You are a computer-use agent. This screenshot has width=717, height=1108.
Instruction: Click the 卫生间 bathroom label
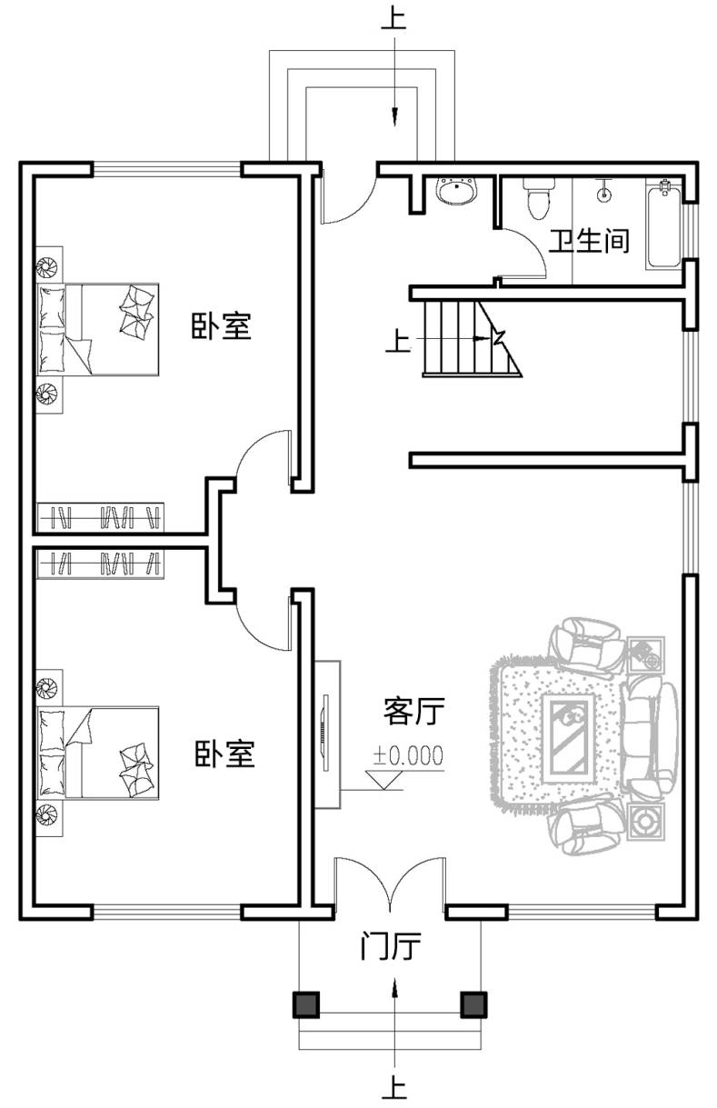(x=590, y=242)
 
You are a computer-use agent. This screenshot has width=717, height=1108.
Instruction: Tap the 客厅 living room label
(x=413, y=711)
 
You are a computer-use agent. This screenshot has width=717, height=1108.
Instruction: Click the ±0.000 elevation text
(x=408, y=755)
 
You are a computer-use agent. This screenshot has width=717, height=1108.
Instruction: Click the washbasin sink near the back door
(x=457, y=191)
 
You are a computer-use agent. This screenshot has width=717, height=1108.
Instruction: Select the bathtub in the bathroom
(x=663, y=225)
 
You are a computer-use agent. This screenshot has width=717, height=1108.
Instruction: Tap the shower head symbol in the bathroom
(x=603, y=192)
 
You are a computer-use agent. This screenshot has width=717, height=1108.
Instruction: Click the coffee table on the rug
(x=568, y=738)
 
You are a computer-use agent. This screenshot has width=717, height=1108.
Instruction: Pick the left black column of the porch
(x=306, y=1004)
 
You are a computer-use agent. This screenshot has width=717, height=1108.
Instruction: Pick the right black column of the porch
(x=473, y=1004)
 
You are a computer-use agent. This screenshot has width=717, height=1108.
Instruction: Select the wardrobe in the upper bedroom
(x=100, y=517)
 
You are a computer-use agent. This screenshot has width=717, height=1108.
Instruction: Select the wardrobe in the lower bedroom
(x=100, y=564)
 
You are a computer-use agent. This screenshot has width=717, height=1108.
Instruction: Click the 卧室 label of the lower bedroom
(x=224, y=754)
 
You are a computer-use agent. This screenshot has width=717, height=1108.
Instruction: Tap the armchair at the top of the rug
(x=586, y=644)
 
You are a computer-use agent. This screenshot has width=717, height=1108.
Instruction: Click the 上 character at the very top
(x=394, y=19)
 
